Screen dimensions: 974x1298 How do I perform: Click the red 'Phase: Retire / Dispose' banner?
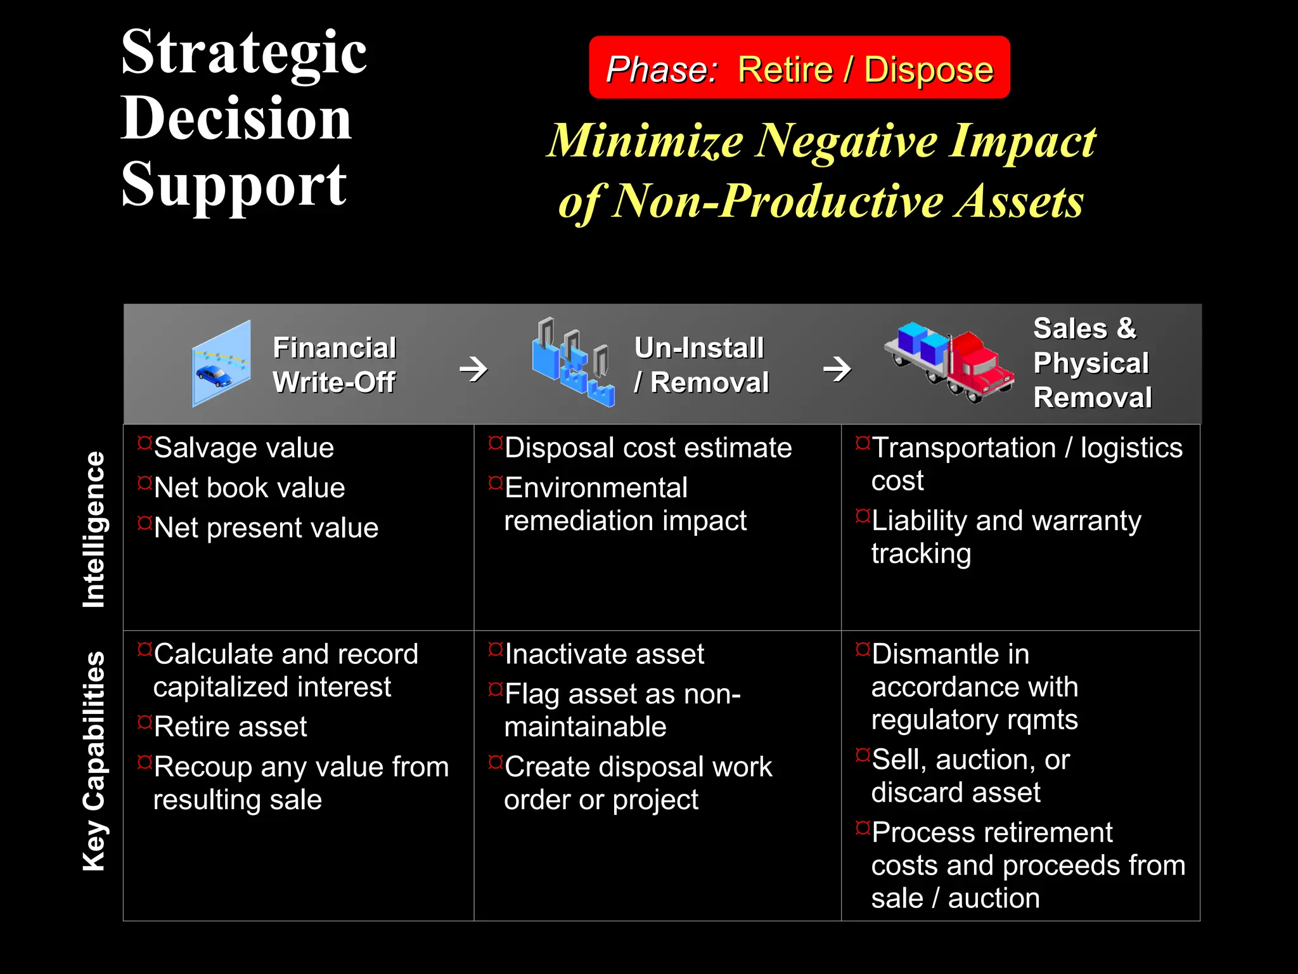799,68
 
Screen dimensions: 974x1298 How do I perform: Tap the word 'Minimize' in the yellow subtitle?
645,141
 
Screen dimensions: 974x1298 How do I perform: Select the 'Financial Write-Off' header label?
334,365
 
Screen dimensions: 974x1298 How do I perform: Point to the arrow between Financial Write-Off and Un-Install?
473,368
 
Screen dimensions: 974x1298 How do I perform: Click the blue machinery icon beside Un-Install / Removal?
573,363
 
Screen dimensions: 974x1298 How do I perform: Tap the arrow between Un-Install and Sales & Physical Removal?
837,368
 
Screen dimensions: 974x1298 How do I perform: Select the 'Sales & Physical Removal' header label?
1092,363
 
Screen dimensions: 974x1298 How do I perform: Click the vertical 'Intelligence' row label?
94,529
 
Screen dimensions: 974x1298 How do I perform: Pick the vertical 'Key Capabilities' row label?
94,760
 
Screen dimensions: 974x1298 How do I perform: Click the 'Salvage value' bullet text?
244,448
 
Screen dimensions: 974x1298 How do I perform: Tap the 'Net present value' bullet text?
266,528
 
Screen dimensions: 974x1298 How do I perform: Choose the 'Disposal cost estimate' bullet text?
648,448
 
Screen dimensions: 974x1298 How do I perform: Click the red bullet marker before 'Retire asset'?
145,722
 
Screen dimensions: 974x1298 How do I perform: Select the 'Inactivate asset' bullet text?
605,654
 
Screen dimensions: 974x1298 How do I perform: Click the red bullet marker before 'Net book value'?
145,483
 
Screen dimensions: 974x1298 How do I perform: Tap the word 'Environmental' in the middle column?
596,488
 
